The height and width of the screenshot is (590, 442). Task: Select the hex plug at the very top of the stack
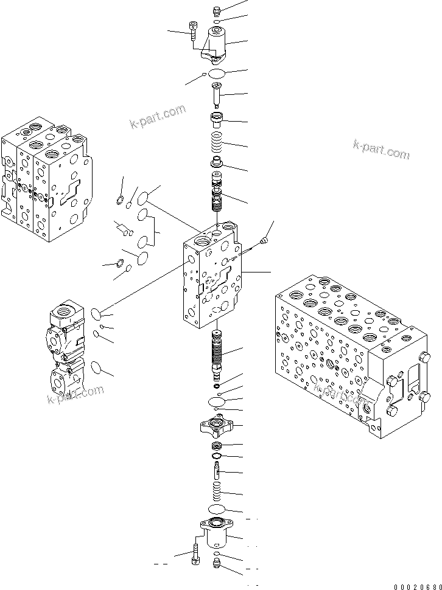217,10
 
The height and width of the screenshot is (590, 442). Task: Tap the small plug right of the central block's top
264,242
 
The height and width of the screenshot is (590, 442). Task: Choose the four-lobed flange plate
217,425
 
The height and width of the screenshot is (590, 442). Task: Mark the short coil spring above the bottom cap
217,490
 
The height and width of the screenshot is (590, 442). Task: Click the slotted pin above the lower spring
217,470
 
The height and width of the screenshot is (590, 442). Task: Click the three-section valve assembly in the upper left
46,176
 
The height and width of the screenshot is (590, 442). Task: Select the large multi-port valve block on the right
353,353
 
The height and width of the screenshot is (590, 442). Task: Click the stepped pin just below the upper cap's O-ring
217,94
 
